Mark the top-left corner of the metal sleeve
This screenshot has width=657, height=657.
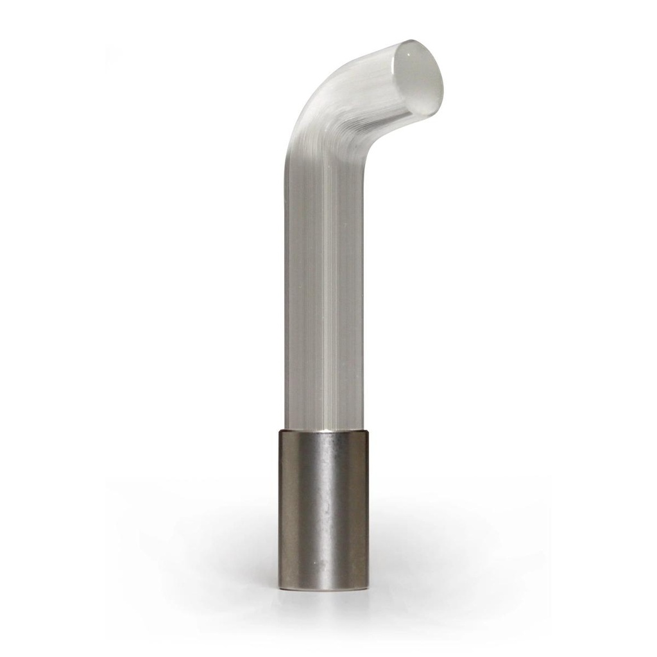279,431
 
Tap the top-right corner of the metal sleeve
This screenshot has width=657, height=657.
369,431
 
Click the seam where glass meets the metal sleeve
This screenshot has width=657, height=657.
324,430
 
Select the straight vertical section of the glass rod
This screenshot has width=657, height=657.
324,289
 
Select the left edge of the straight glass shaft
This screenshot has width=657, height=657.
286,289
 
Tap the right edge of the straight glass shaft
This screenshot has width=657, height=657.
363,289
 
